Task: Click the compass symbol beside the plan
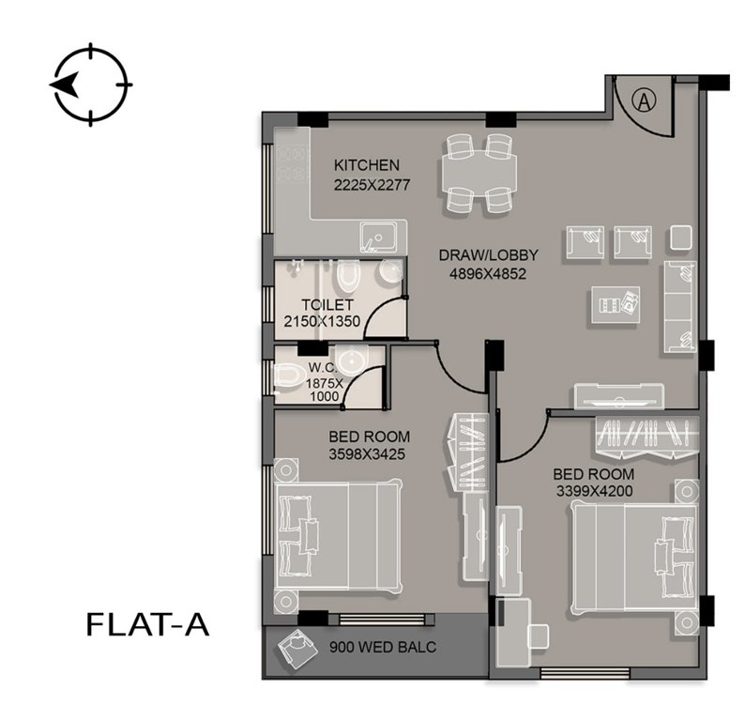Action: tap(91, 84)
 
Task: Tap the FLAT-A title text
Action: tap(147, 624)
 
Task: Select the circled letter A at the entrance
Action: tap(643, 97)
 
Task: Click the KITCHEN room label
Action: tap(367, 166)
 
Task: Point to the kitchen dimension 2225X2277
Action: tap(372, 186)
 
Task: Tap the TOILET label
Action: tap(327, 305)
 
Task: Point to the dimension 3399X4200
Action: tap(594, 490)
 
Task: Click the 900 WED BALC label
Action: tap(383, 647)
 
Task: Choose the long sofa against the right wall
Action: tap(677, 307)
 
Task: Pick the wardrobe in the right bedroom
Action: tap(648, 437)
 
